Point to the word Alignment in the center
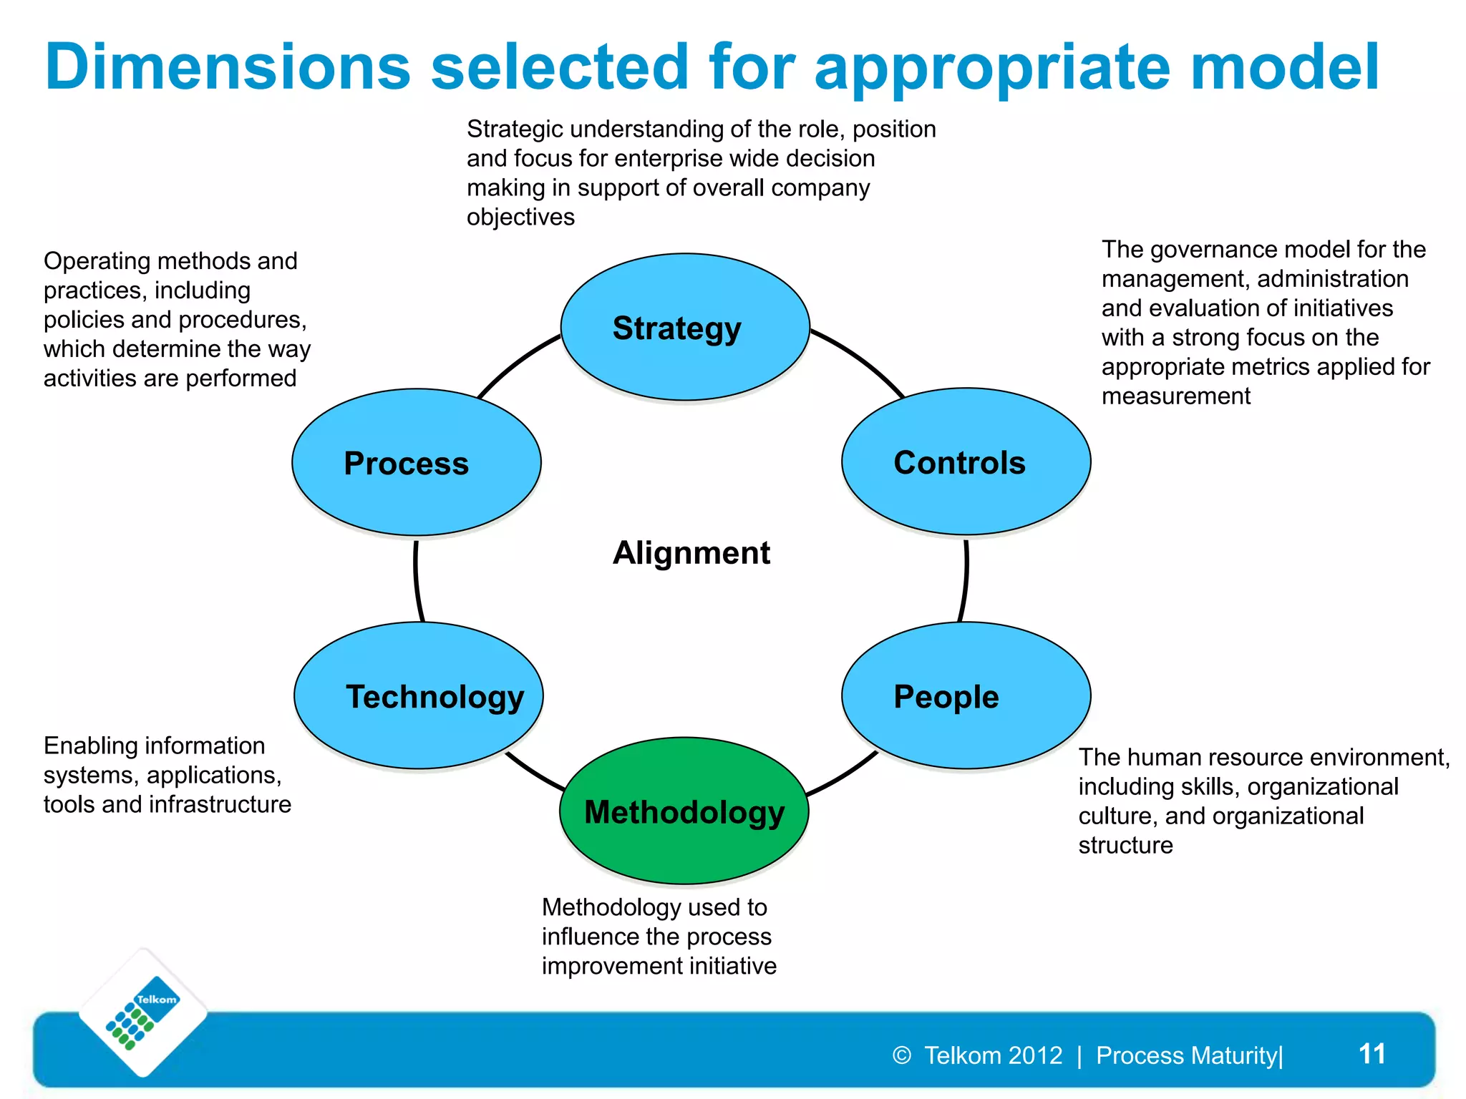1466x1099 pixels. pyautogui.click(x=691, y=552)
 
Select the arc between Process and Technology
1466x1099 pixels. pyautogui.click(x=417, y=580)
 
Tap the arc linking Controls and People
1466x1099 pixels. pyautogui.click(x=965, y=580)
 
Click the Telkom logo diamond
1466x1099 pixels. pyautogui.click(x=143, y=1013)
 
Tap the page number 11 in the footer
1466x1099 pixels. pyautogui.click(x=1372, y=1053)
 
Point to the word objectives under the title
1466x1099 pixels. pyautogui.click(x=520, y=217)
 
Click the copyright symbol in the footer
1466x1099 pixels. pyautogui.click(x=902, y=1055)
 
